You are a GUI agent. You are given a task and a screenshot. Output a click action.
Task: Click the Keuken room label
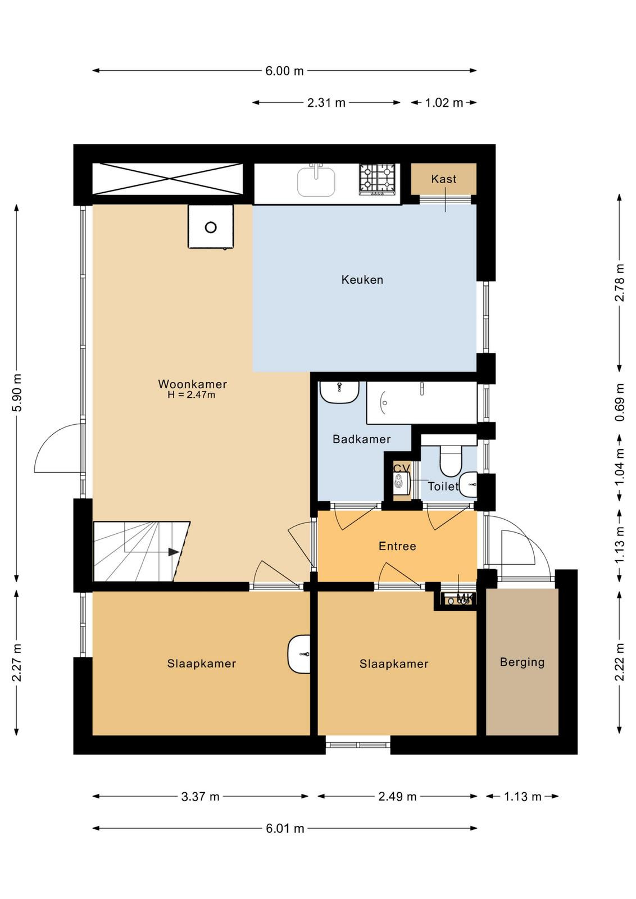pos(362,280)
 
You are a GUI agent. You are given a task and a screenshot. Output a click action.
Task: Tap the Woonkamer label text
pos(193,384)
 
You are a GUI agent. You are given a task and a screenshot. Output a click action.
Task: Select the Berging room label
pos(522,662)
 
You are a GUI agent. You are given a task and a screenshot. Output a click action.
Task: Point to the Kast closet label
pos(443,179)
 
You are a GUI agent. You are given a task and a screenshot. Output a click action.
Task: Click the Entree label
pos(397,546)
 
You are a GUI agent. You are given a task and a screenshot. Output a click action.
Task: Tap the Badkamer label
pos(361,439)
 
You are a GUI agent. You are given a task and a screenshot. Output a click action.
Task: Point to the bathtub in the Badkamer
pos(422,402)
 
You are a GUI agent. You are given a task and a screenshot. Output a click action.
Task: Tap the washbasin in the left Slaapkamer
pos(299,654)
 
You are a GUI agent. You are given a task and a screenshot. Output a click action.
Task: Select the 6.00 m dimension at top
pos(284,71)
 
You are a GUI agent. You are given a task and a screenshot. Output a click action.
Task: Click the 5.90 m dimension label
pos(16,393)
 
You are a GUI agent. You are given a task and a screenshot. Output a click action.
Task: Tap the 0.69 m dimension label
pos(620,402)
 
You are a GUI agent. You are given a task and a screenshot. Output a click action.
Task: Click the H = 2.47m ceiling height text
pos(192,395)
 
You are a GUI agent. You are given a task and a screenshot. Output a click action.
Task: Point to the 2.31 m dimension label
pos(326,103)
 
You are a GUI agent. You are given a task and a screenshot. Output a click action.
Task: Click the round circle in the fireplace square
pos(211,228)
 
